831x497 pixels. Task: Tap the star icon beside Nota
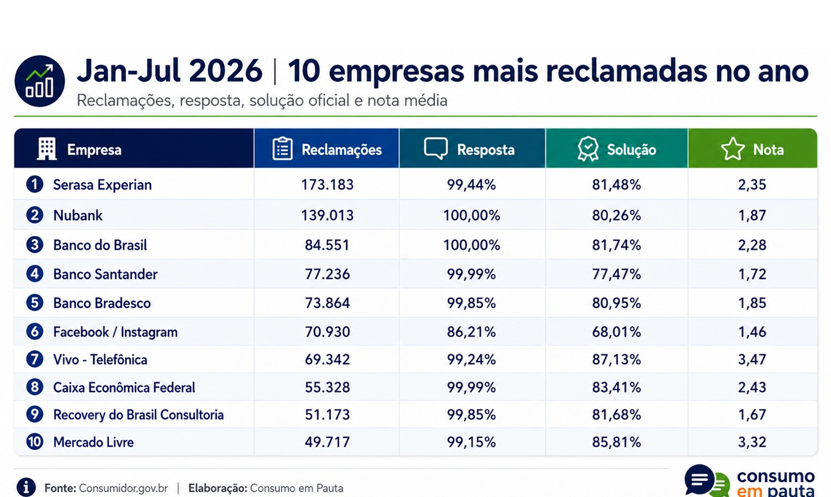pos(733,148)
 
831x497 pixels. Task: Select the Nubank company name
pos(78,215)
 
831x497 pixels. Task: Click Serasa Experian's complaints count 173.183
pos(327,185)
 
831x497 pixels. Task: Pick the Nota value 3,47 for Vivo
pos(752,360)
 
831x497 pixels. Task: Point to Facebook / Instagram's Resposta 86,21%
pos(471,332)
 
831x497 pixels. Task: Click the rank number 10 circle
pos(35,442)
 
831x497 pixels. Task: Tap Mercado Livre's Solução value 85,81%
pos(616,442)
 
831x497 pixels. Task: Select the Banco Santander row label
pos(106,274)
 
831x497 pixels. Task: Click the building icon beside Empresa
pos(47,148)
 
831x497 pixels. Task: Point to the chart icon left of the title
pos(40,81)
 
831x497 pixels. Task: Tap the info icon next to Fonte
pos(26,487)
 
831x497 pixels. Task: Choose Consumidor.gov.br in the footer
pos(123,488)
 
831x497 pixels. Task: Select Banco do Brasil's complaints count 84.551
pos(327,245)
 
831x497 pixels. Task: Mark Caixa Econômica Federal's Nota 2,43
pos(752,387)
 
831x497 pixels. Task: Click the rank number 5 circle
pos(35,303)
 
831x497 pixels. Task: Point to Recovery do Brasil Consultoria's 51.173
pos(327,414)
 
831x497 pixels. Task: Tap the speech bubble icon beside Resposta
pos(436,148)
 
